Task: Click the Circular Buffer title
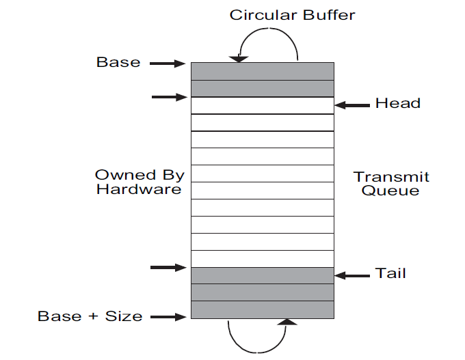tap(293, 14)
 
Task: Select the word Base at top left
tap(118, 63)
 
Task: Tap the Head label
tap(397, 104)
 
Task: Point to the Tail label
tap(390, 273)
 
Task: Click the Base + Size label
tap(90, 316)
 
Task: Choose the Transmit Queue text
tap(391, 184)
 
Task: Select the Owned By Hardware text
tap(139, 182)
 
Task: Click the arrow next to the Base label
tap(168, 64)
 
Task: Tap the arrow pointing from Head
tap(351, 105)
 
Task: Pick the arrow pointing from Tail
tap(351, 275)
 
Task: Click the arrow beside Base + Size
tap(168, 316)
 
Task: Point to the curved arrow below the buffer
tap(258, 335)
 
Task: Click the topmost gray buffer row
tap(262, 71)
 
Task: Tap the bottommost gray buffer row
tap(262, 309)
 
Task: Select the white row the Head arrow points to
tap(262, 105)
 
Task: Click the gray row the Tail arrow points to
tap(262, 275)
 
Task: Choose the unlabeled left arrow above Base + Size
tap(168, 267)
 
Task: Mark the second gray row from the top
tap(262, 88)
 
